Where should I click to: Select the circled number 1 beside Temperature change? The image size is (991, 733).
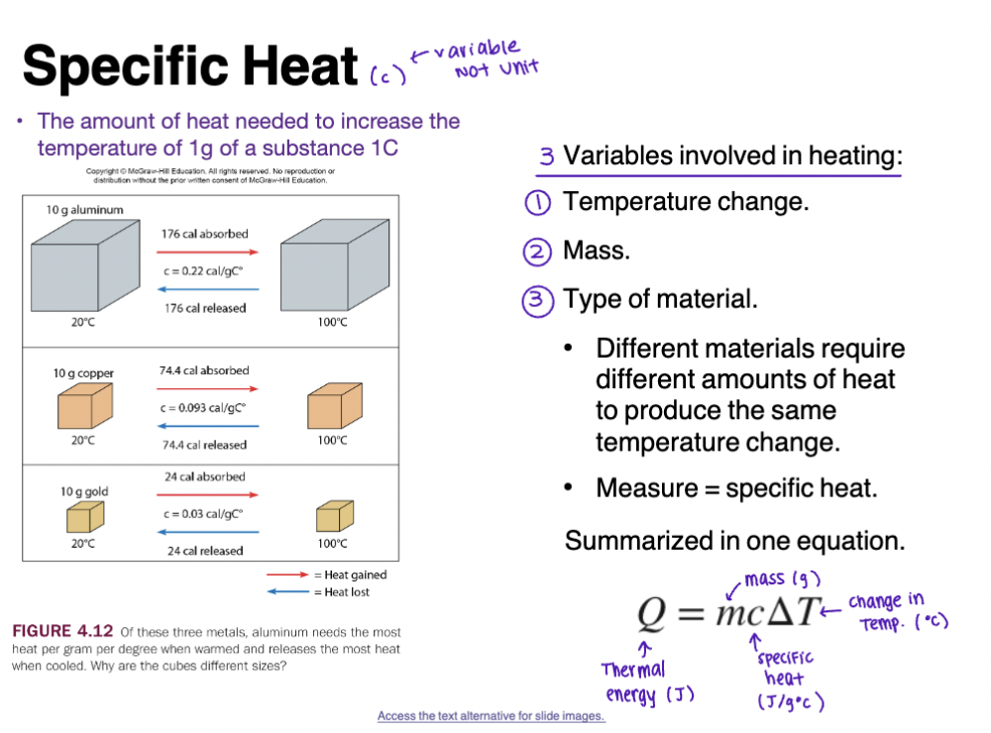(x=537, y=203)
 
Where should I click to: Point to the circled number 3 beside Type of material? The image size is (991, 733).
(x=537, y=300)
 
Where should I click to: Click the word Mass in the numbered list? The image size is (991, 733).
(x=596, y=251)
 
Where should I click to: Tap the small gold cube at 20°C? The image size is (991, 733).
(x=82, y=517)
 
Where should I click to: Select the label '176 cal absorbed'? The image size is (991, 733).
(x=205, y=234)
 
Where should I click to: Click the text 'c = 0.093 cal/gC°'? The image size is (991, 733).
(x=203, y=407)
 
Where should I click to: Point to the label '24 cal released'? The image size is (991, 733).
(x=206, y=551)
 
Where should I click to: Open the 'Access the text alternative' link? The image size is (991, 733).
(x=491, y=716)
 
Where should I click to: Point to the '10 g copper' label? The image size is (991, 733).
(x=83, y=373)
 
